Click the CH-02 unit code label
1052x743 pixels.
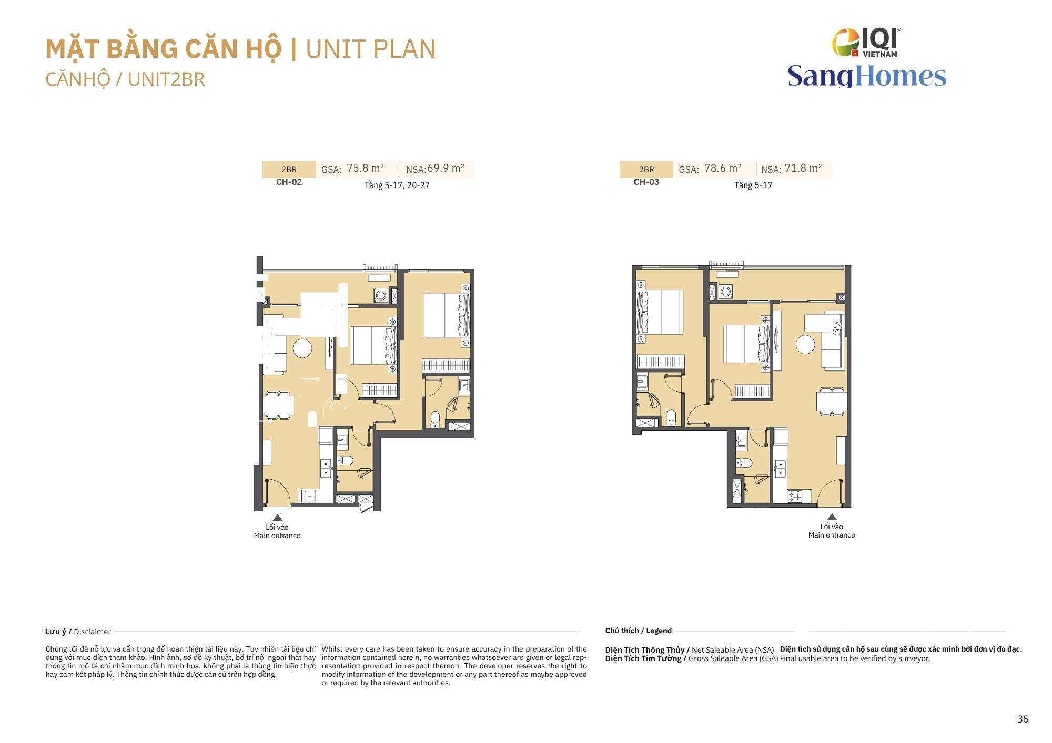pyautogui.click(x=289, y=182)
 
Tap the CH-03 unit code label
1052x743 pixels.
pyautogui.click(x=646, y=182)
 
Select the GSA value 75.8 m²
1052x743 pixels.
pyautogui.click(x=365, y=168)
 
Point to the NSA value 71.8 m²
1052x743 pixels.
pyautogui.click(x=803, y=168)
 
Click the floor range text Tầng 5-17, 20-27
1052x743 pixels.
pyautogui.click(x=397, y=185)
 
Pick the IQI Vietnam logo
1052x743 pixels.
pyautogui.click(x=866, y=42)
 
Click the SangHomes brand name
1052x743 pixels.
pyautogui.click(x=867, y=76)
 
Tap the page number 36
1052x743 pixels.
pyautogui.click(x=1023, y=719)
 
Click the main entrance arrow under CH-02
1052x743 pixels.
pyautogui.click(x=277, y=518)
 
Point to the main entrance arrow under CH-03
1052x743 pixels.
pyautogui.click(x=832, y=517)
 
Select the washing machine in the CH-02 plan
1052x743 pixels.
pyautogui.click(x=381, y=295)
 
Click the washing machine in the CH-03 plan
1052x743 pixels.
pyautogui.click(x=726, y=292)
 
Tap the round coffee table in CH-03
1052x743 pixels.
pyautogui.click(x=805, y=345)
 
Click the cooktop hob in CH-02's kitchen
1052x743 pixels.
pyautogui.click(x=308, y=496)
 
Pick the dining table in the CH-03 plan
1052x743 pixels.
pyautogui.click(x=832, y=402)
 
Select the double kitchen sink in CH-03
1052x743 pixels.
pyautogui.click(x=781, y=469)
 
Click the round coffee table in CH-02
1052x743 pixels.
pyautogui.click(x=302, y=348)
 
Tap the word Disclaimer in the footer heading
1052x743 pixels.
pyautogui.click(x=93, y=632)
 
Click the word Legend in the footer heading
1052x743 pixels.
pyautogui.click(x=659, y=631)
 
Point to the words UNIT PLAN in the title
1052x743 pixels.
pyautogui.click(x=371, y=49)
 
